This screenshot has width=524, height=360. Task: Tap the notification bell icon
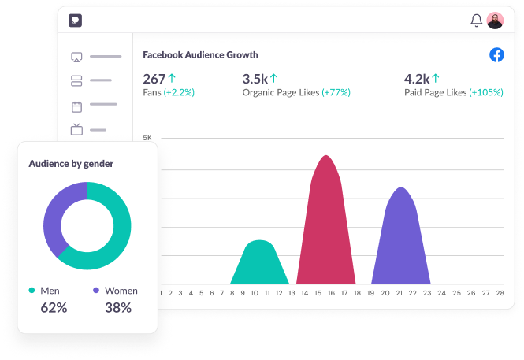point(476,20)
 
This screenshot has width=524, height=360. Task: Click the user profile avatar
point(495,20)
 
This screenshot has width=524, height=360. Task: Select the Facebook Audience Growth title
point(200,55)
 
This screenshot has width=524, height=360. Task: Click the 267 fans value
point(154,79)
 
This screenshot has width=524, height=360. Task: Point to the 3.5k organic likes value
point(255,79)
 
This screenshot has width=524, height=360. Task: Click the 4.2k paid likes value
point(416,79)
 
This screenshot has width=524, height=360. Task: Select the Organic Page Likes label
point(281,93)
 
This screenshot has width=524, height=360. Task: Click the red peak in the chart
point(326,221)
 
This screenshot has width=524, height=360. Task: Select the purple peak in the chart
point(401,236)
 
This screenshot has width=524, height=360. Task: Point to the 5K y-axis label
point(147,138)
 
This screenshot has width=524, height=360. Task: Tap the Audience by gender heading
point(71,164)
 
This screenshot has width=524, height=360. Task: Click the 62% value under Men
point(54,308)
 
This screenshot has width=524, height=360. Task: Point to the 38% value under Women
point(118,308)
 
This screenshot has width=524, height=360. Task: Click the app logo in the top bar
point(75,20)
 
